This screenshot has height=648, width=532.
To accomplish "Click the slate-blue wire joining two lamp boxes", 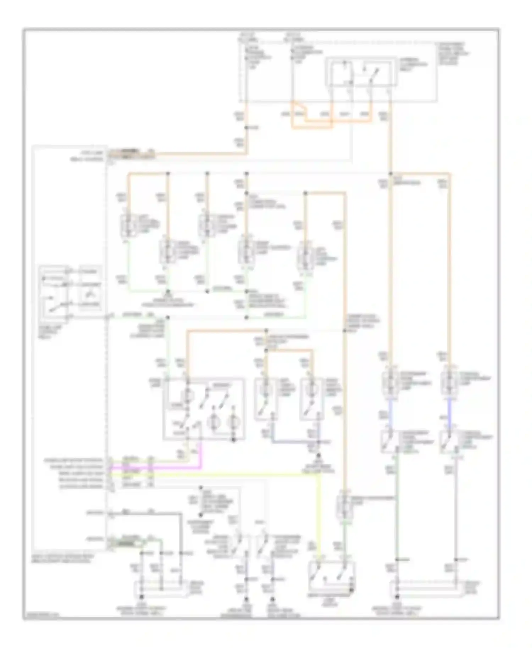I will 294,442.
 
